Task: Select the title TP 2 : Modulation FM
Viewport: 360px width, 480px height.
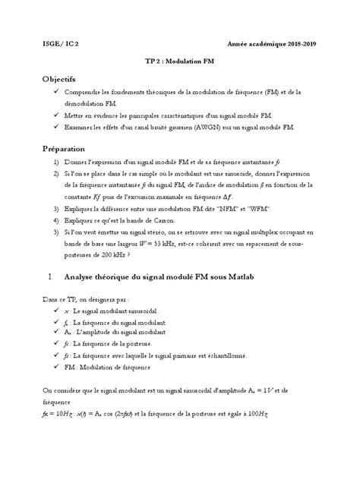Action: pos(179,66)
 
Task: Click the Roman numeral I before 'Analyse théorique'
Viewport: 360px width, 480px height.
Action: pos(48,277)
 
